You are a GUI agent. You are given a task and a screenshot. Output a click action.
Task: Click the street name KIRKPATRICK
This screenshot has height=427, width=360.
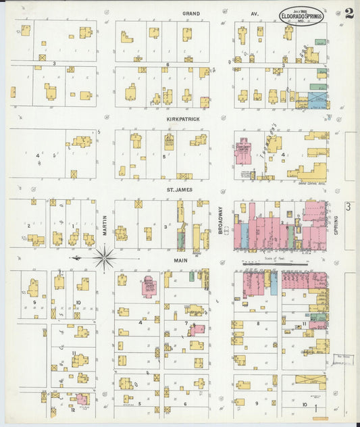point(183,118)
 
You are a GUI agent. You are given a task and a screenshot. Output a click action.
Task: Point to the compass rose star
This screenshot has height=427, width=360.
point(105,257)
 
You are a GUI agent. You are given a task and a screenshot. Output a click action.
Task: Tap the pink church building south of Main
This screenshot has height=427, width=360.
point(149,286)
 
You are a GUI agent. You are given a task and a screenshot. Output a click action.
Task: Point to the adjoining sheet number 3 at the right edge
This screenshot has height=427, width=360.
point(348,207)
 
